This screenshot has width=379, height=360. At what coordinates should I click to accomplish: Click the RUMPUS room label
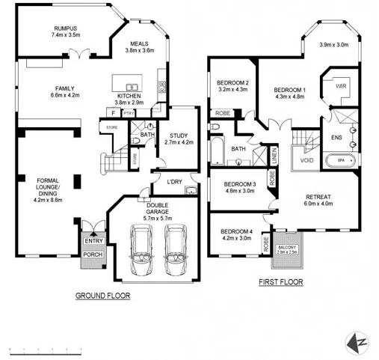point(65,28)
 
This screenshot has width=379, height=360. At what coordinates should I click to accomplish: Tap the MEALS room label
point(140,43)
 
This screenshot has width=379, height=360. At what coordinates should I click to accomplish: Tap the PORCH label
point(93,254)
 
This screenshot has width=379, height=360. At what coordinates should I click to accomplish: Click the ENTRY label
point(93,240)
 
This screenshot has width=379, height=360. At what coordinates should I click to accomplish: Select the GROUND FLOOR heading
point(102,296)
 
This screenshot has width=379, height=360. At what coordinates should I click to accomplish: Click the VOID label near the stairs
point(306,160)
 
